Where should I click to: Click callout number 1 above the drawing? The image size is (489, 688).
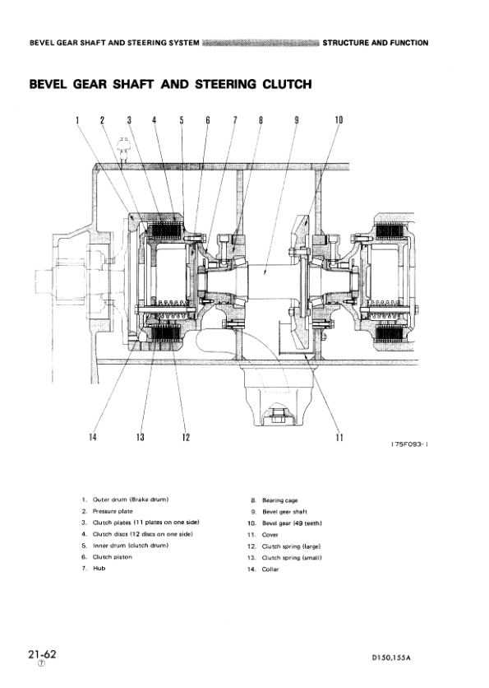click(x=77, y=120)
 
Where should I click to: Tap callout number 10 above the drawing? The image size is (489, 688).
click(x=339, y=120)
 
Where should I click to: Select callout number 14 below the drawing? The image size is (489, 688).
click(x=92, y=436)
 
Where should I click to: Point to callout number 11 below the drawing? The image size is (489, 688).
click(x=339, y=437)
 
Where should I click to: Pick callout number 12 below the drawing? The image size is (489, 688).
click(x=187, y=437)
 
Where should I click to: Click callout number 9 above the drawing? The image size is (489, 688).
click(x=296, y=120)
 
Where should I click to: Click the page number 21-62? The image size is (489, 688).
click(x=42, y=654)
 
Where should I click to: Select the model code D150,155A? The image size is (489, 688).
click(x=391, y=658)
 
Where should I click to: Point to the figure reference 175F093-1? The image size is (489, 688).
click(x=409, y=444)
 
